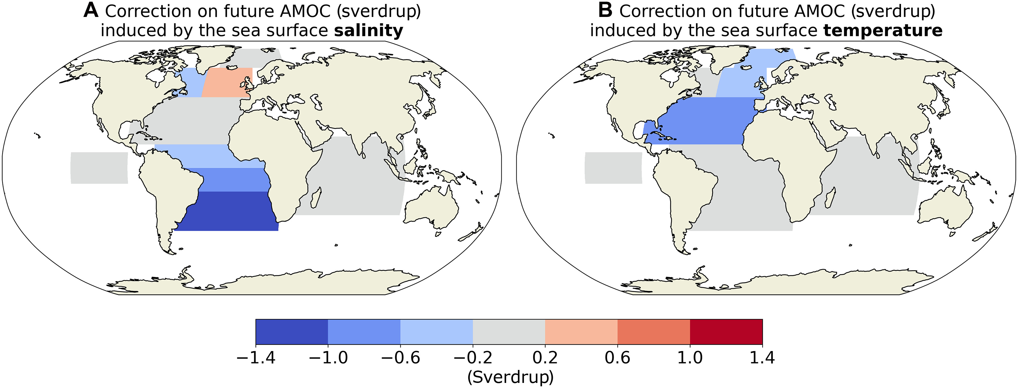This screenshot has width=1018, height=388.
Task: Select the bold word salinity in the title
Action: (x=368, y=30)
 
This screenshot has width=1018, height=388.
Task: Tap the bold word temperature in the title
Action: (x=883, y=30)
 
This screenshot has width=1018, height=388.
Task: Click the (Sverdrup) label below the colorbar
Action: (x=510, y=377)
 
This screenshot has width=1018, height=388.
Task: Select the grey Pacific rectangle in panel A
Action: (x=99, y=168)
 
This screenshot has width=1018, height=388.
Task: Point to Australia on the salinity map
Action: (x=431, y=209)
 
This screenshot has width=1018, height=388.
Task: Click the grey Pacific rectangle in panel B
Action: (x=613, y=168)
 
